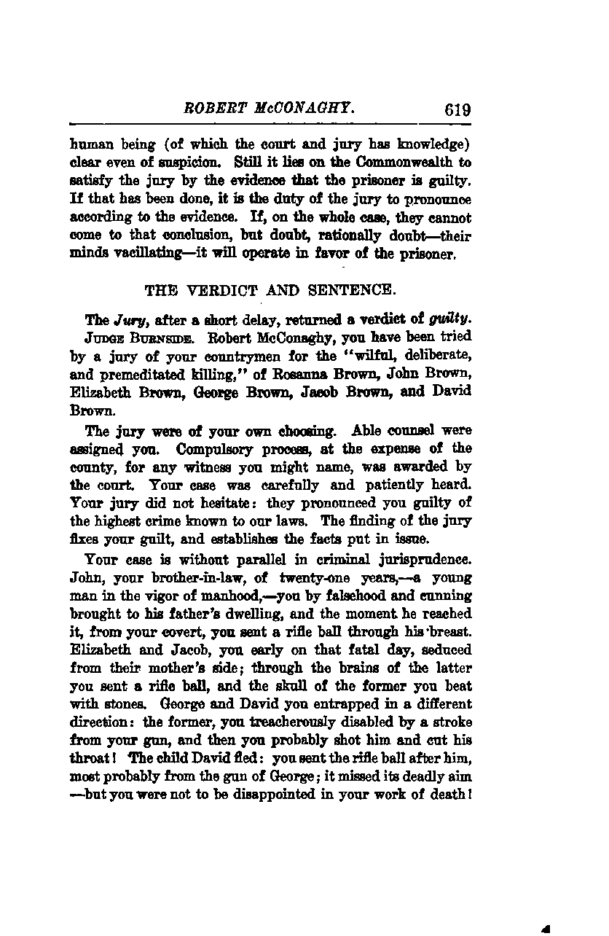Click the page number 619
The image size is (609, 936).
456,110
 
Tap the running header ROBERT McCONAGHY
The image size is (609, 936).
270,109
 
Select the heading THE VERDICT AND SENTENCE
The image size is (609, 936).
270,290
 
